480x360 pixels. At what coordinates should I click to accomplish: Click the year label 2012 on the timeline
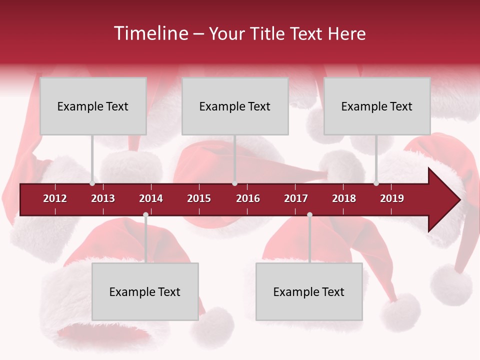(55, 198)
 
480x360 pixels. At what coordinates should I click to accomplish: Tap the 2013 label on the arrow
(103, 198)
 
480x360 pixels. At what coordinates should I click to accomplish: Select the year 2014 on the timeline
(151, 198)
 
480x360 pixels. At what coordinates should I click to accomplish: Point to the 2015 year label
(199, 198)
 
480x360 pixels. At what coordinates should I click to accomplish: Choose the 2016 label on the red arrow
(248, 198)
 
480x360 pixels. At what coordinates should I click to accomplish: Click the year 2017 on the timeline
(296, 198)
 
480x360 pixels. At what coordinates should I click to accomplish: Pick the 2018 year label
(344, 198)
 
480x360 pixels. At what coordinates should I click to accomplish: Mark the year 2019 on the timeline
(392, 198)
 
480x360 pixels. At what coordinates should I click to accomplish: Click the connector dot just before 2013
(92, 183)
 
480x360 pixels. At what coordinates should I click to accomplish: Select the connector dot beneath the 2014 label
(145, 215)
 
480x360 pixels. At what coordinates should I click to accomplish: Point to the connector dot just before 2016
(234, 183)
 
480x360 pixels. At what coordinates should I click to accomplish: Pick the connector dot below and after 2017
(309, 215)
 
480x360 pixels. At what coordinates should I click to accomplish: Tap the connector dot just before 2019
(376, 183)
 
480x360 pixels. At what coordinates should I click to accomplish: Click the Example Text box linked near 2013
(93, 106)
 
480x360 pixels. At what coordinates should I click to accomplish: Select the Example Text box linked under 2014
(145, 291)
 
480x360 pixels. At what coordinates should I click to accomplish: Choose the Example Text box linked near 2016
(235, 106)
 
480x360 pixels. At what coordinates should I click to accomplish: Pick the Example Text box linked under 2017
(309, 291)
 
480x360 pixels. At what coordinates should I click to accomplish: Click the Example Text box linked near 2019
(377, 106)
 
